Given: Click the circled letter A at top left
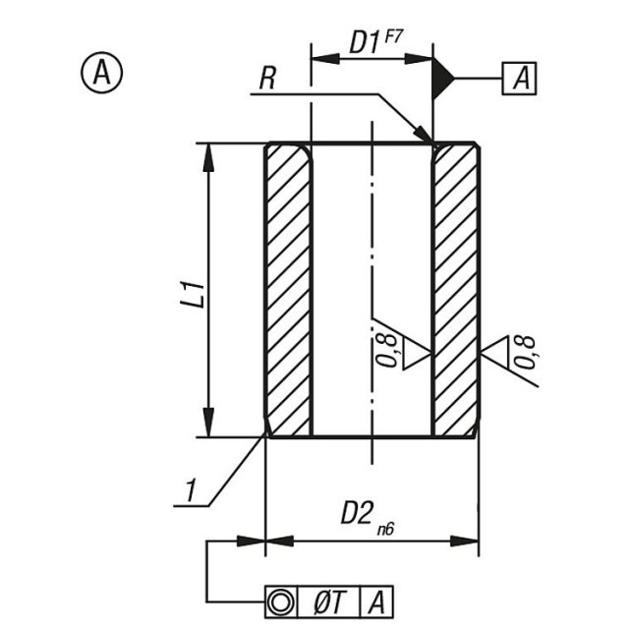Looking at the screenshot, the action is point(101,73).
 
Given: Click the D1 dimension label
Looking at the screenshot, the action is point(365,42).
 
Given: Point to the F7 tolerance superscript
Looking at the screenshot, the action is point(393,37).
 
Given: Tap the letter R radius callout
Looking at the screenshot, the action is point(267,79).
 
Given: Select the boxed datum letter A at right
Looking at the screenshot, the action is point(520,79).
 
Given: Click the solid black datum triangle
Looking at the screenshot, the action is point(442,78).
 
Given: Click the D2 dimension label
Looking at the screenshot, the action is point(356,513).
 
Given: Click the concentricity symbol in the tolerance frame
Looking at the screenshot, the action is point(281,601).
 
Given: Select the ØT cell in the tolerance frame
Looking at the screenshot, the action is point(329,602).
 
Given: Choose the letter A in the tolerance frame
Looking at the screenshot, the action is point(376,602).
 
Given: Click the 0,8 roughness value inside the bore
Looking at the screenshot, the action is point(387,351).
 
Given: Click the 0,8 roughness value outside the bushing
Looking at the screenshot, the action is point(526,352).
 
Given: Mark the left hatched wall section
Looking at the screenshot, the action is point(288,290).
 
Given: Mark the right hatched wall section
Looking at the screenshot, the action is point(456,290).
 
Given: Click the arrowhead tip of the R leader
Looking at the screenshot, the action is point(432,142).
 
